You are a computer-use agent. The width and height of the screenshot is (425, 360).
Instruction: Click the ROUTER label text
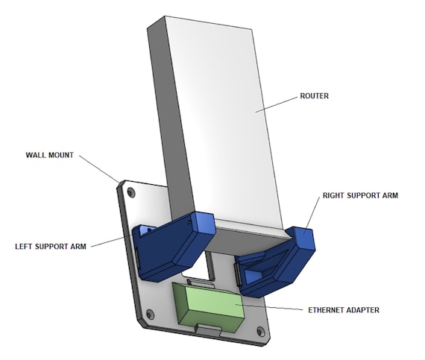point(315,95)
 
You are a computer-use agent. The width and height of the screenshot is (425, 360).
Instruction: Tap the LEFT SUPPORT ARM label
point(53,245)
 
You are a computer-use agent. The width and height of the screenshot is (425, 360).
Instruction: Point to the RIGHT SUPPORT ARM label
point(360,196)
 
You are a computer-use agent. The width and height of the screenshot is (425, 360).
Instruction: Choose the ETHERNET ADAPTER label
point(342,309)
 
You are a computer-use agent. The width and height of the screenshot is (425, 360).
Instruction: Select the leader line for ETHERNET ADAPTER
point(268,305)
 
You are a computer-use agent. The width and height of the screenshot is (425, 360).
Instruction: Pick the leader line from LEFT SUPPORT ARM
point(116,240)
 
